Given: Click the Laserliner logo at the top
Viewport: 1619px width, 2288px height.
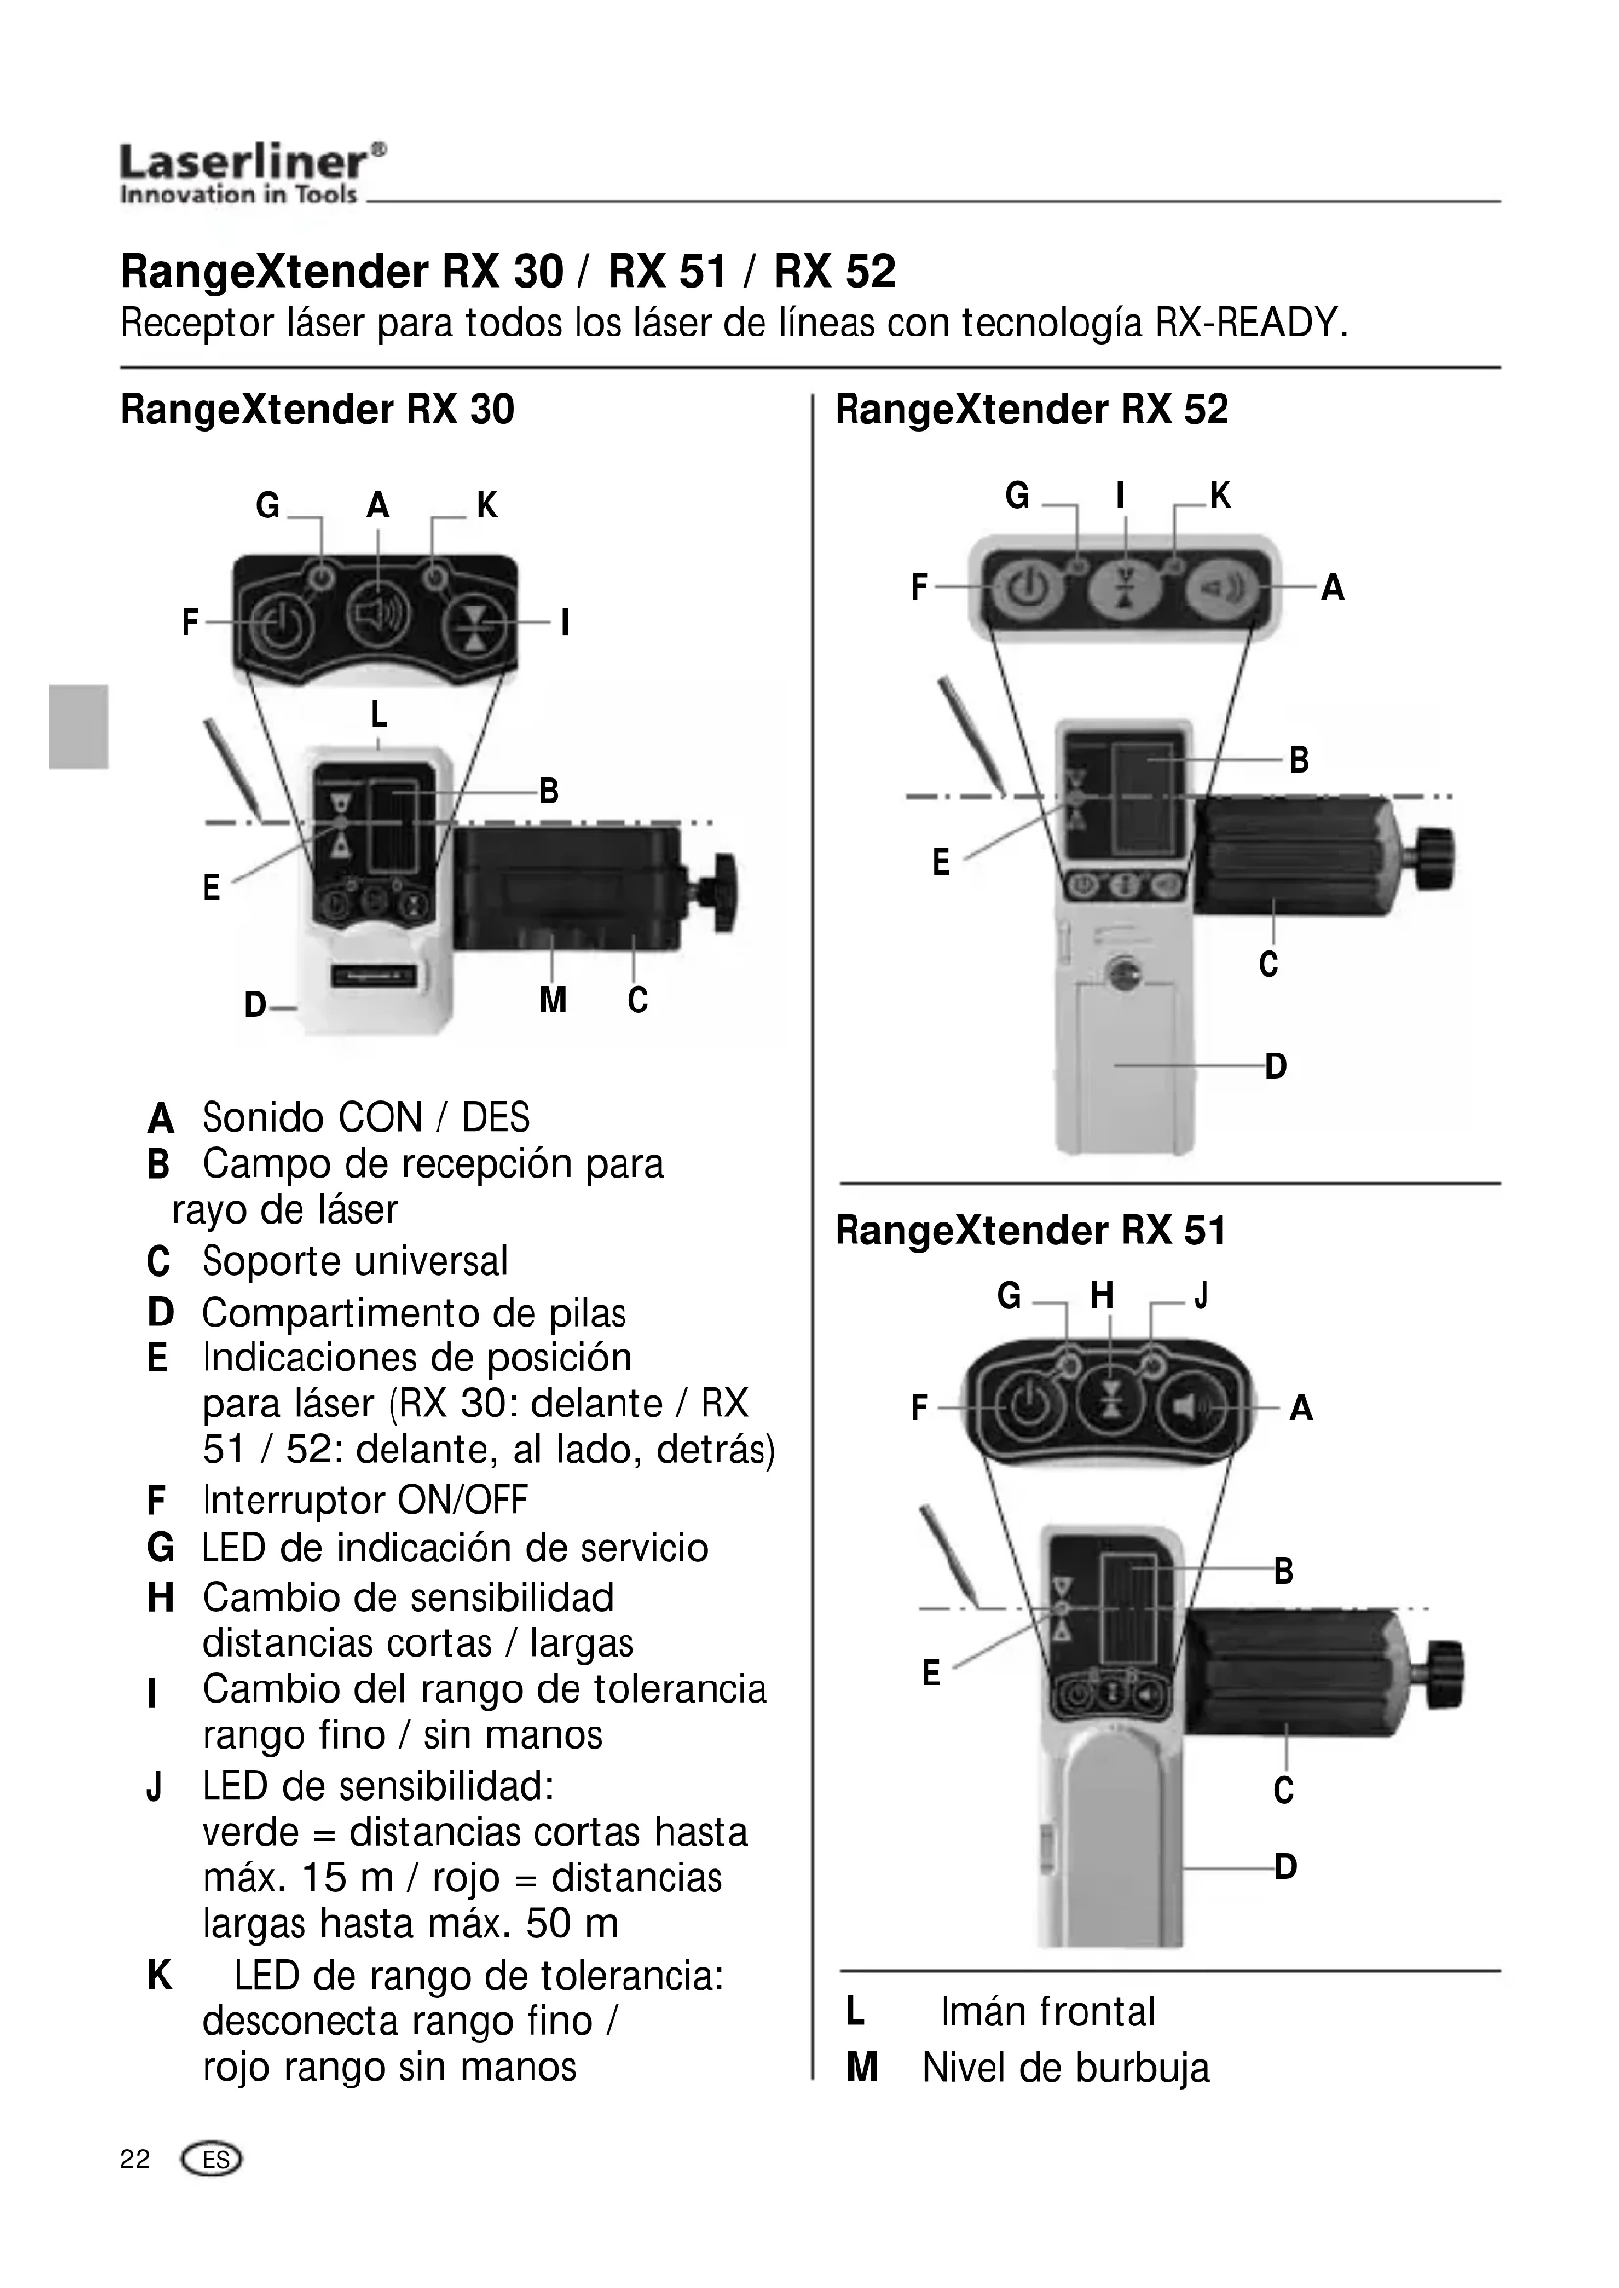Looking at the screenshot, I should click(253, 173).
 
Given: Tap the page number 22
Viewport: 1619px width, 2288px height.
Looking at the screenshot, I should click(134, 2160).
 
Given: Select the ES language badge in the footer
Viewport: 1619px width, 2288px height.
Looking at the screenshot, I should click(212, 2161).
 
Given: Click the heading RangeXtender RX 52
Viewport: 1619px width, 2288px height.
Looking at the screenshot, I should click(1031, 410).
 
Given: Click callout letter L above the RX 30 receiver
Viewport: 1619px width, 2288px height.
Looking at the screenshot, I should click(378, 714).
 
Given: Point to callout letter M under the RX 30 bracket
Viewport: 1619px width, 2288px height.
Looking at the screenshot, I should click(552, 1000).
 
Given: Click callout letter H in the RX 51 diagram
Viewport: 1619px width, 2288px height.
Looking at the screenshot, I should click(1101, 1295).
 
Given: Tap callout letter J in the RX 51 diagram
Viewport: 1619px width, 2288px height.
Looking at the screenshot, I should click(1201, 1295).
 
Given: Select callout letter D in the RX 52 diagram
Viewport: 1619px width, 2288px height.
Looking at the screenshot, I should click(1275, 1066).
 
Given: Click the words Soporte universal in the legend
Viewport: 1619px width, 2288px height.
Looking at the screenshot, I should click(355, 1261).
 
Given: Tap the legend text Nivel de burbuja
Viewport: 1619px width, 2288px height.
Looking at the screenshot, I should click(1065, 2067).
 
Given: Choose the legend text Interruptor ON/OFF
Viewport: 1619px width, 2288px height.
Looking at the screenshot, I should click(365, 1500).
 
